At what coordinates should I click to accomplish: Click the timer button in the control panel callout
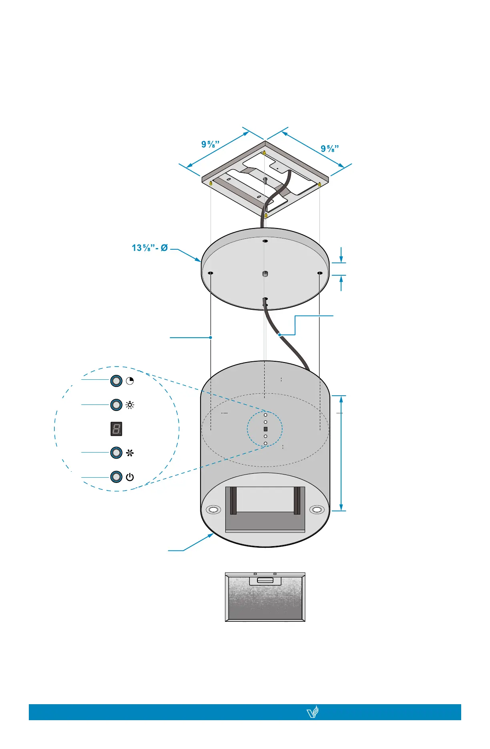coord(116,381)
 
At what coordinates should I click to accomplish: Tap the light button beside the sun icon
coord(116,405)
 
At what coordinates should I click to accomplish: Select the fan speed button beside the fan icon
coord(116,453)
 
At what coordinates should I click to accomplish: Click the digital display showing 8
coord(116,429)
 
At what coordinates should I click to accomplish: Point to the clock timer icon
coord(130,381)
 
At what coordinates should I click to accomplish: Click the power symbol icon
coord(130,477)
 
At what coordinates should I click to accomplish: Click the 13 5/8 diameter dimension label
coord(149,248)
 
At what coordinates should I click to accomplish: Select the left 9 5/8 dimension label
coord(210,144)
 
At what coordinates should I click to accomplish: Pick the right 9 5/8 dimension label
coord(330,148)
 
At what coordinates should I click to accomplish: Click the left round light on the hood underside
coord(213,510)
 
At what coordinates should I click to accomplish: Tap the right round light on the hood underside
coord(317,510)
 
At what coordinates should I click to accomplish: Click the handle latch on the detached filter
coord(265,580)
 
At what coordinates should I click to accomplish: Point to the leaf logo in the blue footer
coord(313,712)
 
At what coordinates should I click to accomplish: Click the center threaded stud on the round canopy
coord(265,274)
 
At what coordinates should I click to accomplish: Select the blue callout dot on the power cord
coord(279,334)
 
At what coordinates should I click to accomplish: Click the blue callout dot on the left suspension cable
coord(211,337)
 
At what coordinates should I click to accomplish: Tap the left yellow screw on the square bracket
coord(211,183)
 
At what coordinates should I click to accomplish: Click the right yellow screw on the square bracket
coord(319,184)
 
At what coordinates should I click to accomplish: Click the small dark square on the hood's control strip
coord(265,429)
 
